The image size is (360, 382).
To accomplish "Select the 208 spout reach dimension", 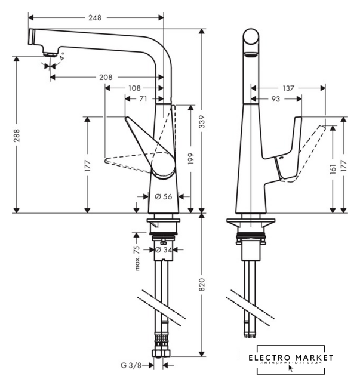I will (105, 77).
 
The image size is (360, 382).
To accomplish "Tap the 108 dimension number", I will (134, 88).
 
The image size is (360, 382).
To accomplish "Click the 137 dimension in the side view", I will (288, 88).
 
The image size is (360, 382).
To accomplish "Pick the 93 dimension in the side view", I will (275, 99).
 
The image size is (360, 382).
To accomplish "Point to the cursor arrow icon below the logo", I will (290, 368).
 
